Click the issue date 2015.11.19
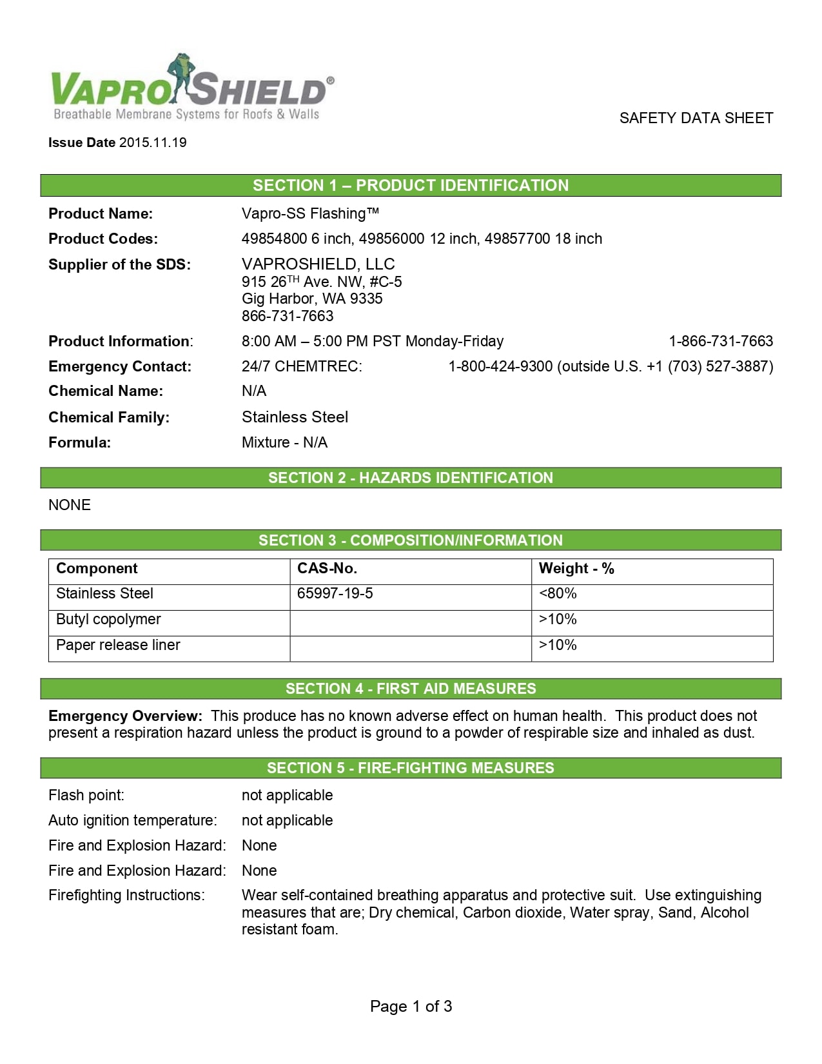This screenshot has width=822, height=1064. pyautogui.click(x=153, y=143)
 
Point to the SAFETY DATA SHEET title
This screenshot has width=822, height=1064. pyautogui.click(x=696, y=118)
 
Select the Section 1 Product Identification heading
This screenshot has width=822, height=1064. pyautogui.click(x=411, y=186)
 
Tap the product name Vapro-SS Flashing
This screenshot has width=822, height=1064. pyautogui.click(x=310, y=213)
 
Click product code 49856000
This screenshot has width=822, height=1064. pyautogui.click(x=391, y=239)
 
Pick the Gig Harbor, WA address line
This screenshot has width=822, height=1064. pyautogui.click(x=312, y=299)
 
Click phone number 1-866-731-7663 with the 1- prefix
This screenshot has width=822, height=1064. pyautogui.click(x=720, y=341)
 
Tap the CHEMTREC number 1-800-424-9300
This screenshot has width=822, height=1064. pyautogui.click(x=500, y=366)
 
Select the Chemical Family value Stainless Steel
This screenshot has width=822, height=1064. pyautogui.click(x=295, y=417)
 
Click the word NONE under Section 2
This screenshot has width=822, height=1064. pyautogui.click(x=70, y=505)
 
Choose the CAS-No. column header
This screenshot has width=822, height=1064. pyautogui.click(x=327, y=569)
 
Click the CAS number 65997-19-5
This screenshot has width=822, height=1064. pyautogui.click(x=335, y=594)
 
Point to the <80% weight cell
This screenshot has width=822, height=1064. pyautogui.click(x=558, y=594)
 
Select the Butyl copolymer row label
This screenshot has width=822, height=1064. pyautogui.click(x=108, y=620)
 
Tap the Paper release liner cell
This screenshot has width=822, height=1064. pyautogui.click(x=118, y=645)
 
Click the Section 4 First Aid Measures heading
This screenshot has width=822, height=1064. pyautogui.click(x=411, y=689)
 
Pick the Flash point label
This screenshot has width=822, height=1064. pyautogui.click(x=86, y=795)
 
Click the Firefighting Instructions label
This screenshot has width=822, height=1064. pyautogui.click(x=126, y=895)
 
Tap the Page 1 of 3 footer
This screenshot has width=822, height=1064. pyautogui.click(x=411, y=1006)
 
